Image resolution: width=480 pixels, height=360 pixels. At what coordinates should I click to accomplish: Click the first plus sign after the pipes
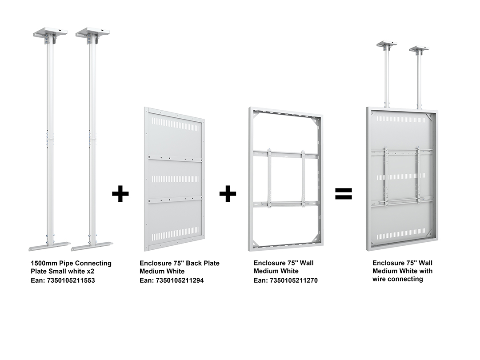pos(120,193)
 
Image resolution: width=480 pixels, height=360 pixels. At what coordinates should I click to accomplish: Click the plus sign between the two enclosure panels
pos(228,193)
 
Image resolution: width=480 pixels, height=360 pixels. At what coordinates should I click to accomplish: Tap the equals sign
pos(344,193)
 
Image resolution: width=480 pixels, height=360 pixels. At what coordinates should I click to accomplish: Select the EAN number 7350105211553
pos(71,280)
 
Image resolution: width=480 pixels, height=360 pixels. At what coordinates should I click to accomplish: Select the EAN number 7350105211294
pos(180,280)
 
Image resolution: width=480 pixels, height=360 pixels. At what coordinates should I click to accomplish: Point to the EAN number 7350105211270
pos(294,280)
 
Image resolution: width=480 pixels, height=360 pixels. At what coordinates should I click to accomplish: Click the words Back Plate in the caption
pos(203,263)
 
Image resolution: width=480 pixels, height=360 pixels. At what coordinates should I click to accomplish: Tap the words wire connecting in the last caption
pos(398,279)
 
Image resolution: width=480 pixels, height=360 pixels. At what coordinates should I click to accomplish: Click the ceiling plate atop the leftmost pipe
pos(50,32)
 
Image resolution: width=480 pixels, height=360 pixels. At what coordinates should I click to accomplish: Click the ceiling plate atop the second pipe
pos(93,32)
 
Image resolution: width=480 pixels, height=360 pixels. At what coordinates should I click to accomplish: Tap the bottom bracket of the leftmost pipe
pos(50,246)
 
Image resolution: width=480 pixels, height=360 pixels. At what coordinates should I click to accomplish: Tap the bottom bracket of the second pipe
pos(92,246)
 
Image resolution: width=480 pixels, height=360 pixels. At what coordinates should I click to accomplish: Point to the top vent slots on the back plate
pos(176,124)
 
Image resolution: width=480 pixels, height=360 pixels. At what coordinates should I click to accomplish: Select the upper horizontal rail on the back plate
pos(175,159)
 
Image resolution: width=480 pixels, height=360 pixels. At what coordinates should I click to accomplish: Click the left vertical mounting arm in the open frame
pos(269,178)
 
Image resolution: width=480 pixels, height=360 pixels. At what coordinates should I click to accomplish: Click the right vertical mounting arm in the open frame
pos(303,178)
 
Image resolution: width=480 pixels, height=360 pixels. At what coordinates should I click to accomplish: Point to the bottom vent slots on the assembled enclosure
pos(401,236)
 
